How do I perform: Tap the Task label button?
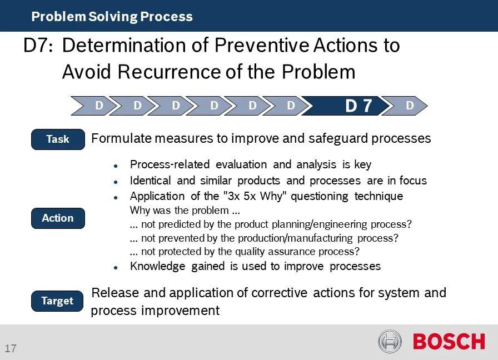click(58, 139)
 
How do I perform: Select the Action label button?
click(58, 218)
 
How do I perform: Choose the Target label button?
click(57, 301)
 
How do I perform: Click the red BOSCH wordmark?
click(449, 342)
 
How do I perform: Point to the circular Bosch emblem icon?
click(390, 341)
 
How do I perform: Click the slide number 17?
click(10, 348)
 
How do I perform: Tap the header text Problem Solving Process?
click(112, 17)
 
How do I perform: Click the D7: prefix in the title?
click(38, 46)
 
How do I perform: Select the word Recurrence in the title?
click(170, 72)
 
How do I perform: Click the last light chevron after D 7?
click(405, 106)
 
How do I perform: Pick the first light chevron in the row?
click(92, 106)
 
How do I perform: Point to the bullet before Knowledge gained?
click(116, 268)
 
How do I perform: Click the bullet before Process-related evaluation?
click(116, 166)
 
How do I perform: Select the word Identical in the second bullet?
click(150, 181)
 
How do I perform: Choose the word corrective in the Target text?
click(279, 293)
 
